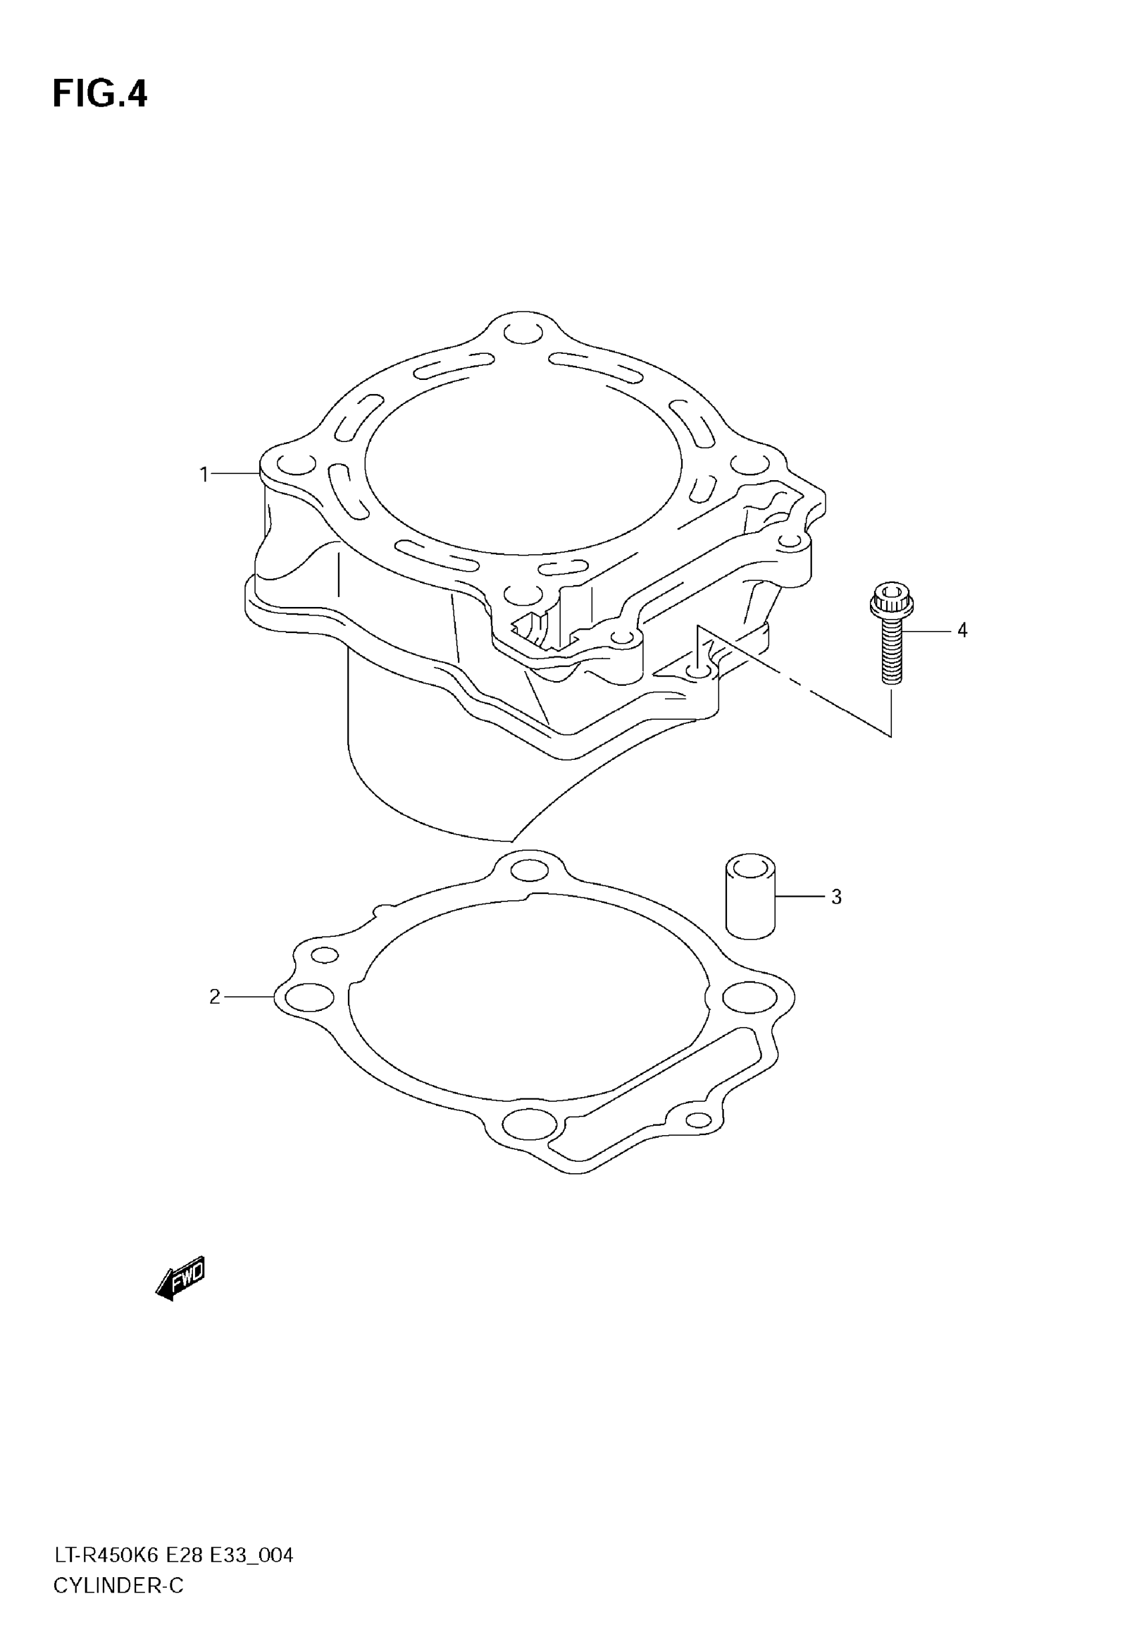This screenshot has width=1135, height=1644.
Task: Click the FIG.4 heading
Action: (x=99, y=95)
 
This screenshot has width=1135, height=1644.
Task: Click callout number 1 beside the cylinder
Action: (x=204, y=474)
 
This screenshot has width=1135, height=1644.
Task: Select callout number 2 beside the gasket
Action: (x=215, y=997)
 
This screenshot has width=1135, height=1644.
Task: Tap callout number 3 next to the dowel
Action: (x=837, y=897)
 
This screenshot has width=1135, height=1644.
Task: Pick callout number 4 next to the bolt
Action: (x=961, y=630)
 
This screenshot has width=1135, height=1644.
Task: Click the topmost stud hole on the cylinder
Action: (x=523, y=332)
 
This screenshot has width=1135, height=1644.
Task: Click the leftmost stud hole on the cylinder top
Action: (x=296, y=464)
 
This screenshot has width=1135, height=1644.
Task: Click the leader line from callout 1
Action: (x=235, y=473)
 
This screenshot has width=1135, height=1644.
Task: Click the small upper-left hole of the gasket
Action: (x=324, y=955)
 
